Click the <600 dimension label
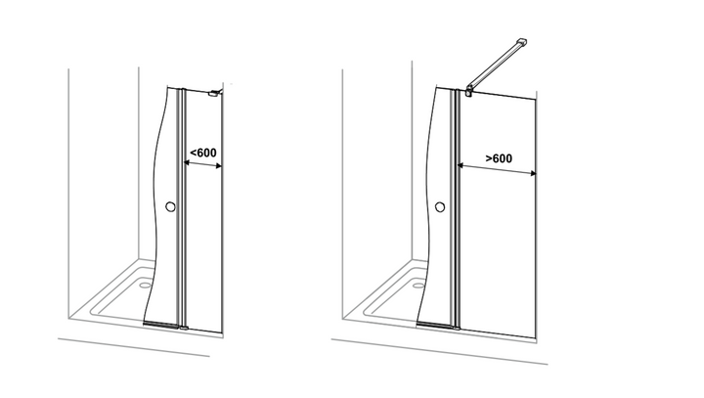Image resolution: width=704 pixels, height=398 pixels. tap(203, 153)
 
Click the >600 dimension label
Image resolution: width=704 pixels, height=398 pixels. tap(499, 158)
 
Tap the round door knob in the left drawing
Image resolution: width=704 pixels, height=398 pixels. tap(170, 206)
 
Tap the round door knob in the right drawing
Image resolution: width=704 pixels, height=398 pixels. tap(440, 206)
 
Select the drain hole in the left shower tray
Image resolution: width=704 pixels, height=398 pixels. tap(145, 285)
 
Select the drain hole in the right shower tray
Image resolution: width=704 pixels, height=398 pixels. tap(418, 286)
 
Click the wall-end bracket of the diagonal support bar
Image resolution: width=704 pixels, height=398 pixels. tap(522, 43)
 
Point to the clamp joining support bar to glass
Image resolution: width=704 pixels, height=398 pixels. tap(469, 90)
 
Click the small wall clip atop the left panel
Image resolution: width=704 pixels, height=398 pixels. tap(214, 93)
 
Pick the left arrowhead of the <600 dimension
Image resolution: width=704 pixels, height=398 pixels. tap(187, 162)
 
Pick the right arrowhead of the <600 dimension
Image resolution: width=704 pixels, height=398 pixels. tap(219, 166)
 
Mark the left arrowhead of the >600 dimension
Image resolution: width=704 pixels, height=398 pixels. tap(461, 166)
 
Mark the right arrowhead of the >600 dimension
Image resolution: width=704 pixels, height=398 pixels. tap(533, 173)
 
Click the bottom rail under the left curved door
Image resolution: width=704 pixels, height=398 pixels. tap(160, 324)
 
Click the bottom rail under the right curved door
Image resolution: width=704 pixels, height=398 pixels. tap(434, 325)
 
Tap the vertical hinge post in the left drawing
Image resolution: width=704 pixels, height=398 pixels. tap(182, 208)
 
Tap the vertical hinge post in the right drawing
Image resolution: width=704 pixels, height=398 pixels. tap(457, 209)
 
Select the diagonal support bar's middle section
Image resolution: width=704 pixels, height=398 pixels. tap(494, 66)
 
